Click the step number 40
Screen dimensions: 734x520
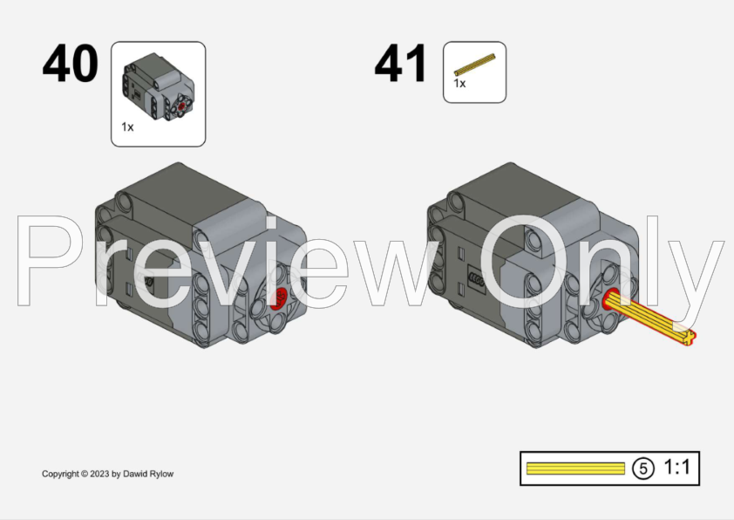pos(71,63)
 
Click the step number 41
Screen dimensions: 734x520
pos(400,63)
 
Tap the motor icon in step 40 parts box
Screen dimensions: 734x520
pos(159,86)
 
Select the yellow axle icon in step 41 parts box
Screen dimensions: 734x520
pos(475,65)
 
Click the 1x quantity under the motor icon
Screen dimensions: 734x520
pos(127,127)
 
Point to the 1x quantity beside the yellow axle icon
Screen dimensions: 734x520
pos(459,84)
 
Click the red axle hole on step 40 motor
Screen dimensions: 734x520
pos(279,298)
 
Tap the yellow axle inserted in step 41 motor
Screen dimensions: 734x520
pos(650,318)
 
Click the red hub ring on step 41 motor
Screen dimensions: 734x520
pos(610,299)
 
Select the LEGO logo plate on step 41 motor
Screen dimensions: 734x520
pos(477,277)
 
